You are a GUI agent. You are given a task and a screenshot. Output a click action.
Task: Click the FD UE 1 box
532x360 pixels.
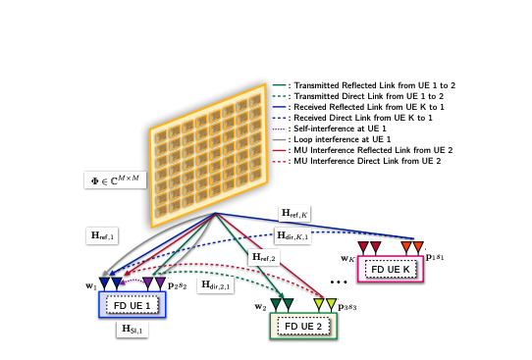point(132,304)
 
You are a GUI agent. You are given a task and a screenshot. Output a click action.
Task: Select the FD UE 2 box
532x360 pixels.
point(303,327)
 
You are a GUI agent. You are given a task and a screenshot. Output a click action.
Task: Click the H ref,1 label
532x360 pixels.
point(103,235)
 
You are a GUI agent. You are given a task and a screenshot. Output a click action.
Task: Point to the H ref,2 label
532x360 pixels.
point(264,257)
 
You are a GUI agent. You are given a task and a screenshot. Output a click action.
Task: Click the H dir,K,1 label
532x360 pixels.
point(293,235)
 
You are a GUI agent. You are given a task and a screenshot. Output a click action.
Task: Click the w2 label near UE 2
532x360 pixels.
point(260,307)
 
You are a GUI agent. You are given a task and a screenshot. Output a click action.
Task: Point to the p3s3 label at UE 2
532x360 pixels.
point(348,308)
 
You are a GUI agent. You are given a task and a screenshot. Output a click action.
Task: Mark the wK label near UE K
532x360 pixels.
point(346,259)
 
